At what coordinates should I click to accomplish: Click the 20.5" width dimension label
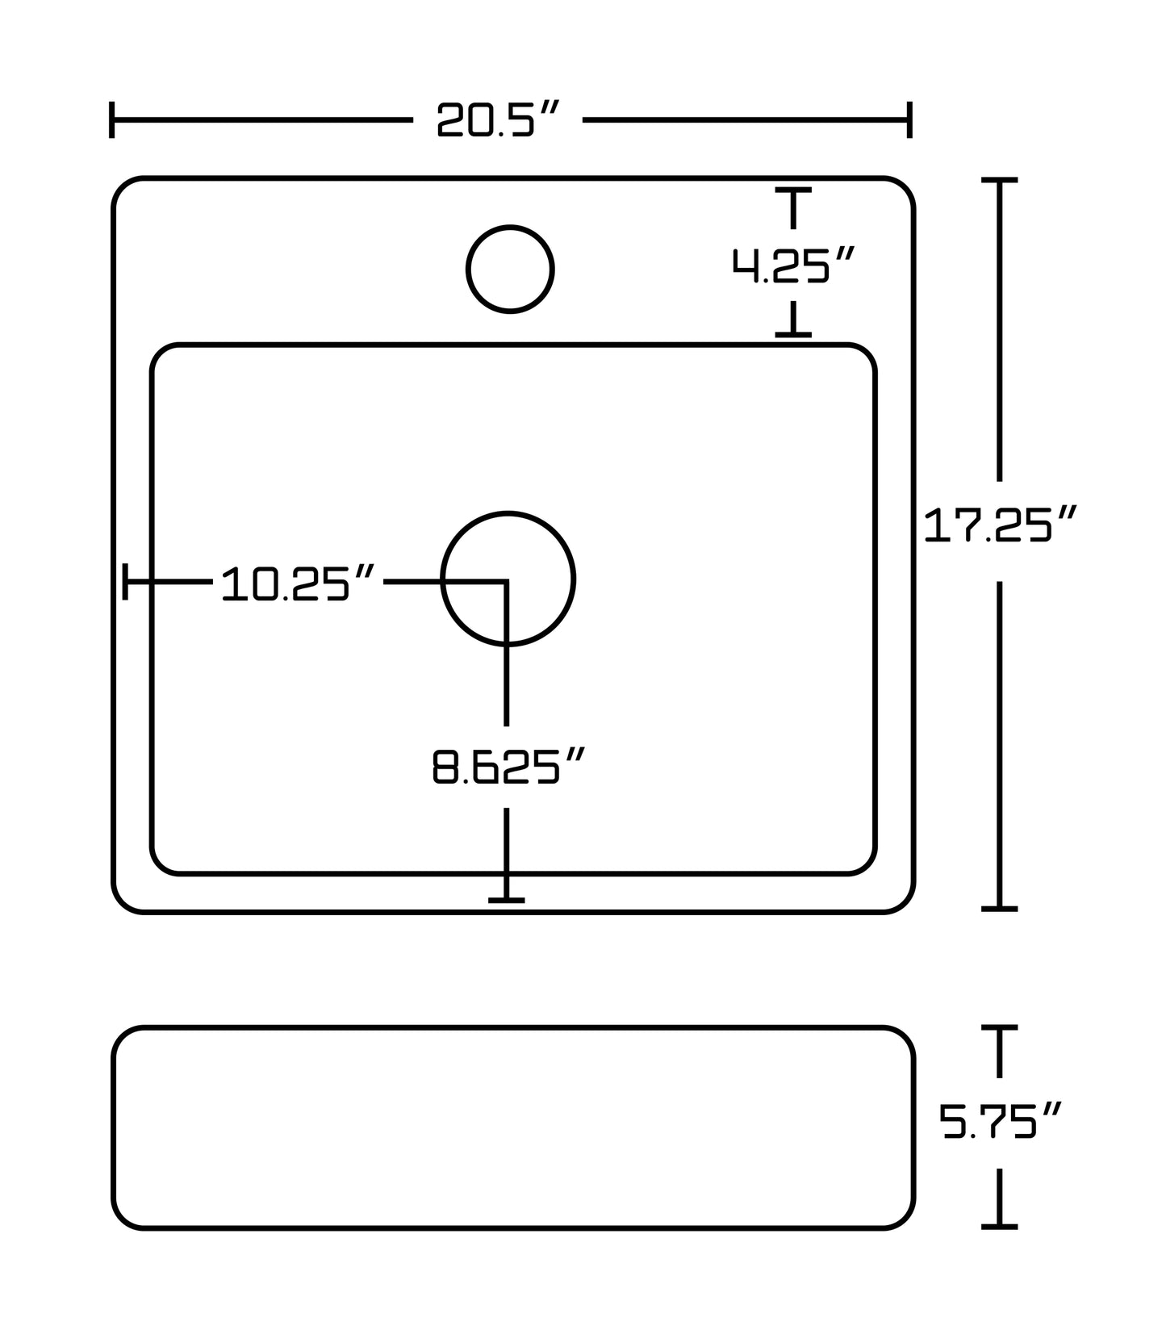pyautogui.click(x=497, y=120)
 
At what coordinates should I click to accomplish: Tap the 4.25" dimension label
pyautogui.click(x=792, y=266)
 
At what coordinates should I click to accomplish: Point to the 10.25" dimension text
pyautogui.click(x=298, y=583)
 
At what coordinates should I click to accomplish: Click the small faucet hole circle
pyautogui.click(x=510, y=269)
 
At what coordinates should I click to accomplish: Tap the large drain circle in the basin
pyautogui.click(x=508, y=578)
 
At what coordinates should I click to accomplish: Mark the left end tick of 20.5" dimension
pyautogui.click(x=111, y=120)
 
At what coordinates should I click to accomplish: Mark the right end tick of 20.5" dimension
pyautogui.click(x=909, y=120)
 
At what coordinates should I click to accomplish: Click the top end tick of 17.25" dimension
pyautogui.click(x=999, y=181)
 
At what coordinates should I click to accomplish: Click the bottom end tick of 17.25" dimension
pyautogui.click(x=999, y=908)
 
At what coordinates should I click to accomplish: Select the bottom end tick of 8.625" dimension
pyautogui.click(x=507, y=900)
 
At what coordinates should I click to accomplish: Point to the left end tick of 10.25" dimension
pyautogui.click(x=125, y=581)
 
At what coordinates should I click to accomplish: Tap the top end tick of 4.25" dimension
pyautogui.click(x=793, y=190)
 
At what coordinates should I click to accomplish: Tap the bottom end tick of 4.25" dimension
pyautogui.click(x=793, y=333)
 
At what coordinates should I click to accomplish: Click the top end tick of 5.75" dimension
pyautogui.click(x=999, y=1027)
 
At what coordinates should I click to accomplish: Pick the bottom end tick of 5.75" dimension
pyautogui.click(x=999, y=1226)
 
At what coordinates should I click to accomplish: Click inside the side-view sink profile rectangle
pyautogui.click(x=513, y=1127)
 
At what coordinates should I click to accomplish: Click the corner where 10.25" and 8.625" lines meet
pyautogui.click(x=506, y=581)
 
